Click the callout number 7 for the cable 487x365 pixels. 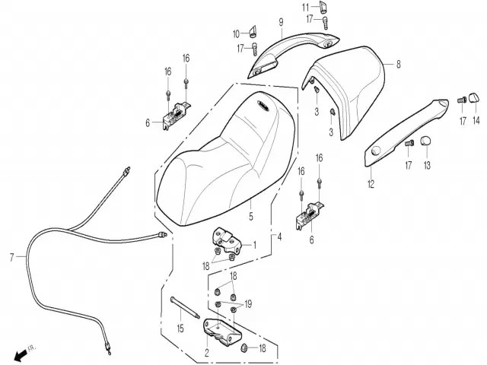[x=12, y=257]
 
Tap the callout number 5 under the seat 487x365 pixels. [x=251, y=216]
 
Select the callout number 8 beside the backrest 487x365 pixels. [x=399, y=64]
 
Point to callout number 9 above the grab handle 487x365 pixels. [x=281, y=22]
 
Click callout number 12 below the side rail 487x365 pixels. [x=371, y=184]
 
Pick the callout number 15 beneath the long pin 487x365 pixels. [x=180, y=328]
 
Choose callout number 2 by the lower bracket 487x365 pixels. [x=207, y=352]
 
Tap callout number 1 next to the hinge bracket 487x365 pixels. [x=255, y=246]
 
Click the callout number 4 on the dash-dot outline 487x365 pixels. [x=279, y=237]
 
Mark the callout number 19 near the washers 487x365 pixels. [x=248, y=304]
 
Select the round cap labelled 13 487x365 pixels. [x=425, y=141]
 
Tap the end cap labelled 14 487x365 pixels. [x=473, y=97]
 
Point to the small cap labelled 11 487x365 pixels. [x=323, y=7]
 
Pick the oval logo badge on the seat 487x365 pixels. [x=263, y=105]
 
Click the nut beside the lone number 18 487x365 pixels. [x=244, y=348]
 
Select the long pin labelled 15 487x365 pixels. [x=185, y=308]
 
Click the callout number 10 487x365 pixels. [x=237, y=33]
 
